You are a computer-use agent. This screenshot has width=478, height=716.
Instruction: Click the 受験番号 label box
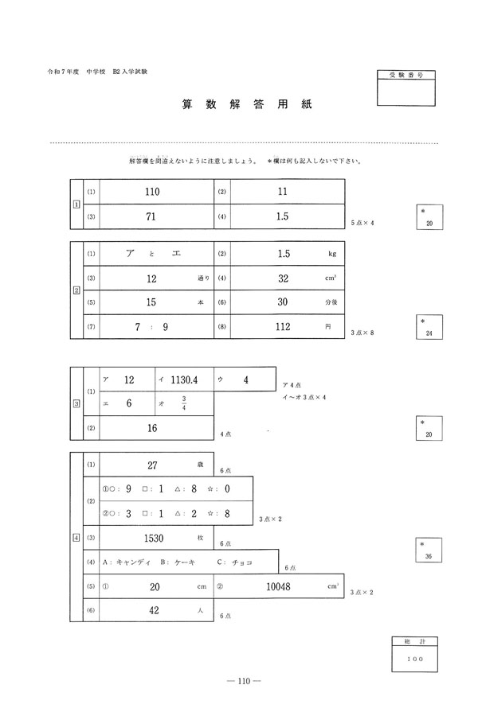pos(407,73)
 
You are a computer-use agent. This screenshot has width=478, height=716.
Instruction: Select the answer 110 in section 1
pos(153,193)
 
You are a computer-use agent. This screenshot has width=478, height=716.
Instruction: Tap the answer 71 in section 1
pos(153,216)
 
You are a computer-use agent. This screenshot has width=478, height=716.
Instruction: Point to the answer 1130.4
pos(184,380)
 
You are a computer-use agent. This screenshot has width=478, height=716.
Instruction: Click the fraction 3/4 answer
pos(184,404)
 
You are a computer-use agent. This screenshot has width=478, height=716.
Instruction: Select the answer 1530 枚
pos(155,539)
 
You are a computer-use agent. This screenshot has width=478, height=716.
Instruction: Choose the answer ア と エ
pos(153,254)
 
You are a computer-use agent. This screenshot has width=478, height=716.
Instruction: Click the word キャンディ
pos(133,562)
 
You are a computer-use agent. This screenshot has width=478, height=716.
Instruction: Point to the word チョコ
pos(241,562)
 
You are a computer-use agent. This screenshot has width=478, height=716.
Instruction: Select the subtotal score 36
pos(429,557)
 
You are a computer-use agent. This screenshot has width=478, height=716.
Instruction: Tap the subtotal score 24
pos(429,334)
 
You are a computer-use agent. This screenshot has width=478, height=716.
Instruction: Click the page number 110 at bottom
pos(239,681)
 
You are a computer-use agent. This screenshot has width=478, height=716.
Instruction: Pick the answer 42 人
pos(155,611)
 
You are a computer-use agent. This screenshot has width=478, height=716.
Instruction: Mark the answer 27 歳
pos(155,465)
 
